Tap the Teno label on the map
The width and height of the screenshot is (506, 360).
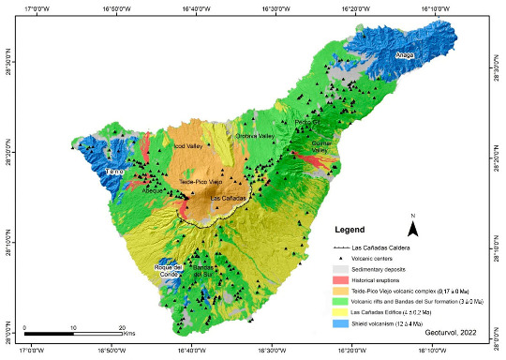(114, 173)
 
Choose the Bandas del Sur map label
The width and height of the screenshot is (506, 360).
(205, 273)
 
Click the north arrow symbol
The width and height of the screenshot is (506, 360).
(412, 225)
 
